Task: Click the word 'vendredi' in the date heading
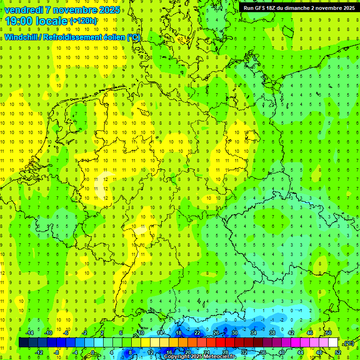tap(23, 9)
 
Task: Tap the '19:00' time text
tap(22, 21)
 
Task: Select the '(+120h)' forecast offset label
tap(83, 21)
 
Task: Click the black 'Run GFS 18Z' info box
tap(299, 7)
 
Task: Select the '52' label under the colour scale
tap(338, 352)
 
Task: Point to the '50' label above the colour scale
tap(328, 333)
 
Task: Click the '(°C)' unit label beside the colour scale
tap(349, 343)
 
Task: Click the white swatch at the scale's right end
tap(333, 343)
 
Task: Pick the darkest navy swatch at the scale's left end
tap(23, 343)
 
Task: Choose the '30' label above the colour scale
tap(234, 333)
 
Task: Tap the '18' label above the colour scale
tap(178, 333)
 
